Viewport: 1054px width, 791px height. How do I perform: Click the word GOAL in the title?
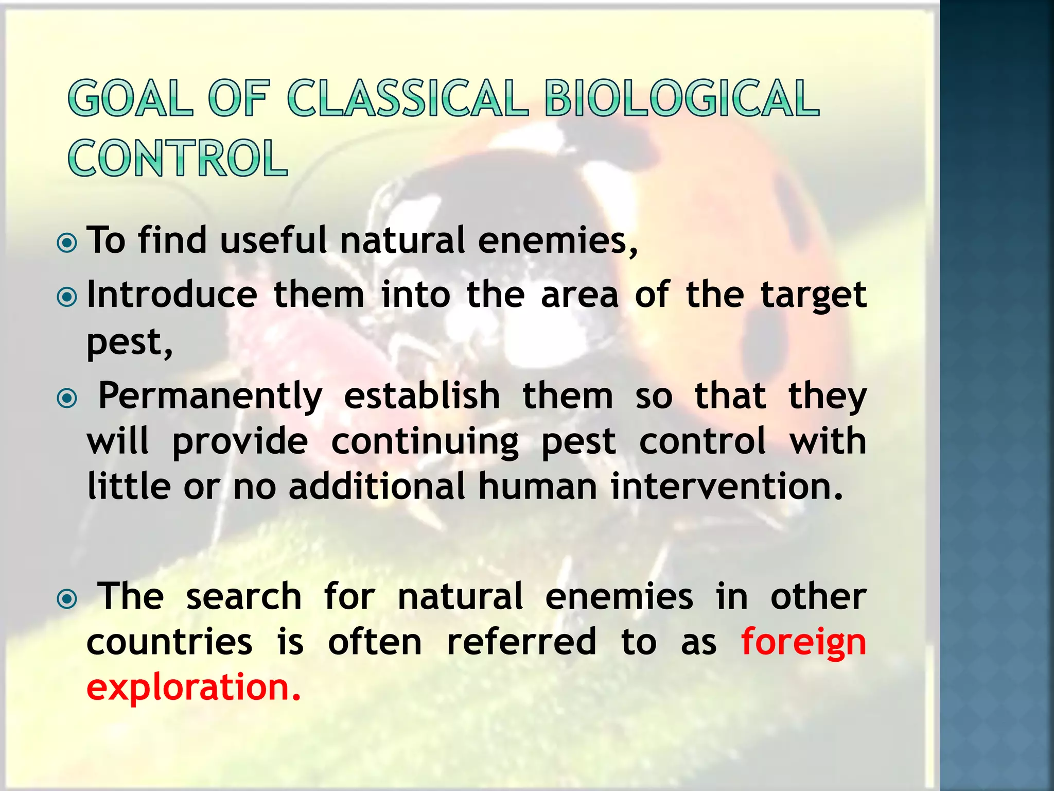click(x=131, y=98)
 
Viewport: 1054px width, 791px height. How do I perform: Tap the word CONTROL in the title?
click(x=178, y=158)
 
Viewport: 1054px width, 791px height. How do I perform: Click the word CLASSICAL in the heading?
click(x=408, y=98)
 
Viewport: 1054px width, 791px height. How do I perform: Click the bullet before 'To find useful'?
click(x=67, y=243)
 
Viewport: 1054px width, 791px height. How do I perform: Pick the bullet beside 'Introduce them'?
click(x=67, y=297)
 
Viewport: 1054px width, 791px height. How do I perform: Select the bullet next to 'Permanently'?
click(x=67, y=398)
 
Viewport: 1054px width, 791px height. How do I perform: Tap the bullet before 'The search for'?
click(x=67, y=598)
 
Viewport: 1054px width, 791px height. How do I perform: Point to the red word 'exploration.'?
click(x=194, y=688)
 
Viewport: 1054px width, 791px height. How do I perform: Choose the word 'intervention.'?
click(x=727, y=486)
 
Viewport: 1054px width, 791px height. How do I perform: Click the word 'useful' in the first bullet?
click(x=273, y=240)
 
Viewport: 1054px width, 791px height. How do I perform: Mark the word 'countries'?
click(x=169, y=643)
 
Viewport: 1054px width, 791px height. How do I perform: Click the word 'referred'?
click(x=521, y=643)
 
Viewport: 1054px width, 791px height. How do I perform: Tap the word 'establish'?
click(x=421, y=397)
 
